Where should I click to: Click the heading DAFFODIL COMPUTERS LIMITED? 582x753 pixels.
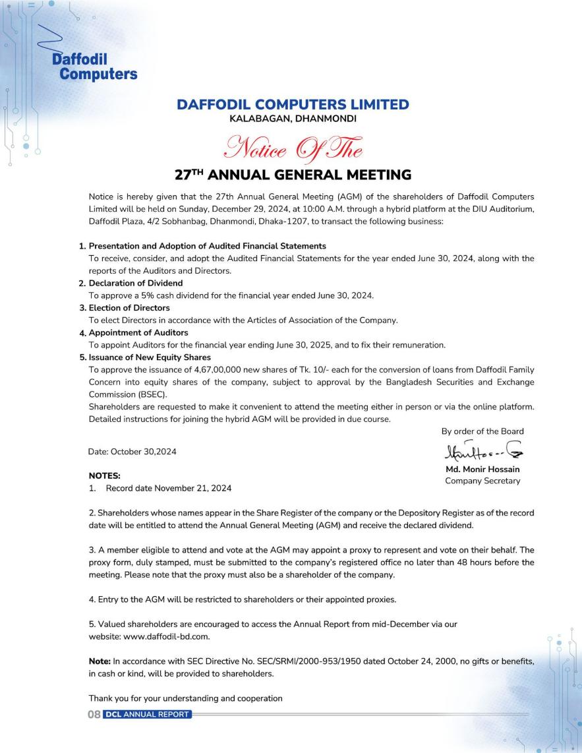click(x=293, y=105)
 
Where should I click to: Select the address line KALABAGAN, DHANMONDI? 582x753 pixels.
click(x=293, y=119)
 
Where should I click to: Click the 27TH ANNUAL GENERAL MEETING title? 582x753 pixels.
click(x=293, y=175)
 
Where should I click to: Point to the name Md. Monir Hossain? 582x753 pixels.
click(x=482, y=469)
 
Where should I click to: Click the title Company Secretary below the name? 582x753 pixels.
click(x=482, y=481)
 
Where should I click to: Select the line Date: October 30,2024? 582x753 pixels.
click(x=132, y=452)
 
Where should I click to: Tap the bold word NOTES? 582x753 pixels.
click(x=104, y=475)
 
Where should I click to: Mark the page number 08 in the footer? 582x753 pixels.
click(x=94, y=715)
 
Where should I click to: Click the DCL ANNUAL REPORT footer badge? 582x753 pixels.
click(x=147, y=715)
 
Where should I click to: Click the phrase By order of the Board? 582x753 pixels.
click(x=482, y=431)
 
